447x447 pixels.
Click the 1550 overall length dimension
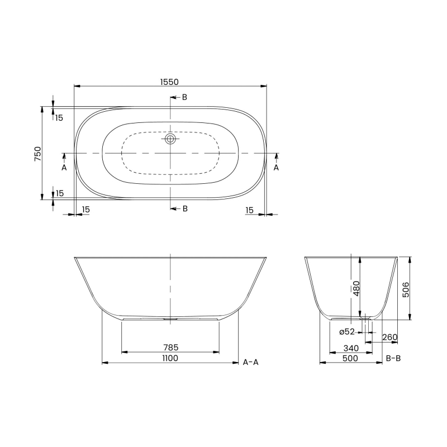point(170,82)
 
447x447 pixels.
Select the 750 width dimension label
point(37,153)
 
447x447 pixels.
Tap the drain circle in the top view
point(170,139)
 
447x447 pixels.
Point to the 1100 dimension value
point(170,358)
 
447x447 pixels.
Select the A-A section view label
point(251,362)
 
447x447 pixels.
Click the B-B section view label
point(393,358)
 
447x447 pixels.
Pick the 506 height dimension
point(406,288)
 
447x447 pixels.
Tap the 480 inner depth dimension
point(356,288)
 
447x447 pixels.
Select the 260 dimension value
point(390,337)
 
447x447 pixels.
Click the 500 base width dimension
point(350,358)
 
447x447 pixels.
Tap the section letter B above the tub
point(184,97)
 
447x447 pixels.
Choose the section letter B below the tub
point(184,208)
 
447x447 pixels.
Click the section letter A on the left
point(64,167)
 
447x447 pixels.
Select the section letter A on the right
point(276,167)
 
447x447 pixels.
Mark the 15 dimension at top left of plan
point(59,117)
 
